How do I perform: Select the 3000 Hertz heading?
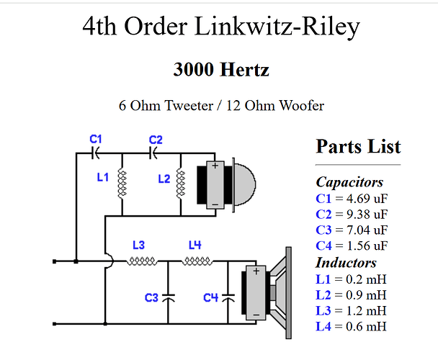click(221, 70)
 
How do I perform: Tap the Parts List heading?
click(358, 146)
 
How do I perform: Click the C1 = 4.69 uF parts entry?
click(352, 198)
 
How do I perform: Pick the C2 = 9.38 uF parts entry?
click(352, 214)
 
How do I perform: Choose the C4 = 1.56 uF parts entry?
click(352, 246)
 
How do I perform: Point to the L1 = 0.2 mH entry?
click(351, 279)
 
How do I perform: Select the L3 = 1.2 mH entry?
click(351, 310)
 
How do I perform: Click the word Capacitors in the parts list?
click(349, 182)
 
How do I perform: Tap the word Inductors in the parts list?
click(346, 263)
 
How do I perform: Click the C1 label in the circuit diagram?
click(96, 139)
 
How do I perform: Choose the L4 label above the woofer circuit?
click(195, 245)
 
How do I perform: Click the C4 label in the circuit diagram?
click(210, 297)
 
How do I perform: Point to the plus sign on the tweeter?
click(215, 165)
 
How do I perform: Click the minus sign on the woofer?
click(256, 315)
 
